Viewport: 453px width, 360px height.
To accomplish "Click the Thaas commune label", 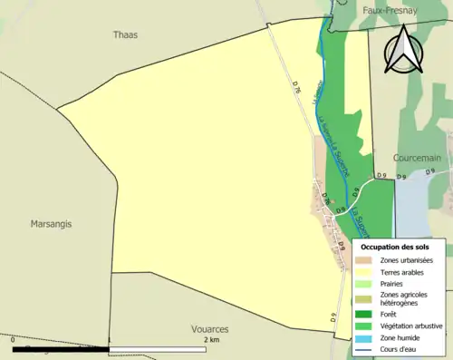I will click(125, 34).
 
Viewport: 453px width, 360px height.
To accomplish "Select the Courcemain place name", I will click(417, 157).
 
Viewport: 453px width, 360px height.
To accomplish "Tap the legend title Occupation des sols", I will click(395, 247).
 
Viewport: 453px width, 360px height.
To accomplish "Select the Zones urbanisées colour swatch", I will click(363, 261).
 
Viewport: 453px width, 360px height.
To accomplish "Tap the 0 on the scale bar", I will click(14, 339).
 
